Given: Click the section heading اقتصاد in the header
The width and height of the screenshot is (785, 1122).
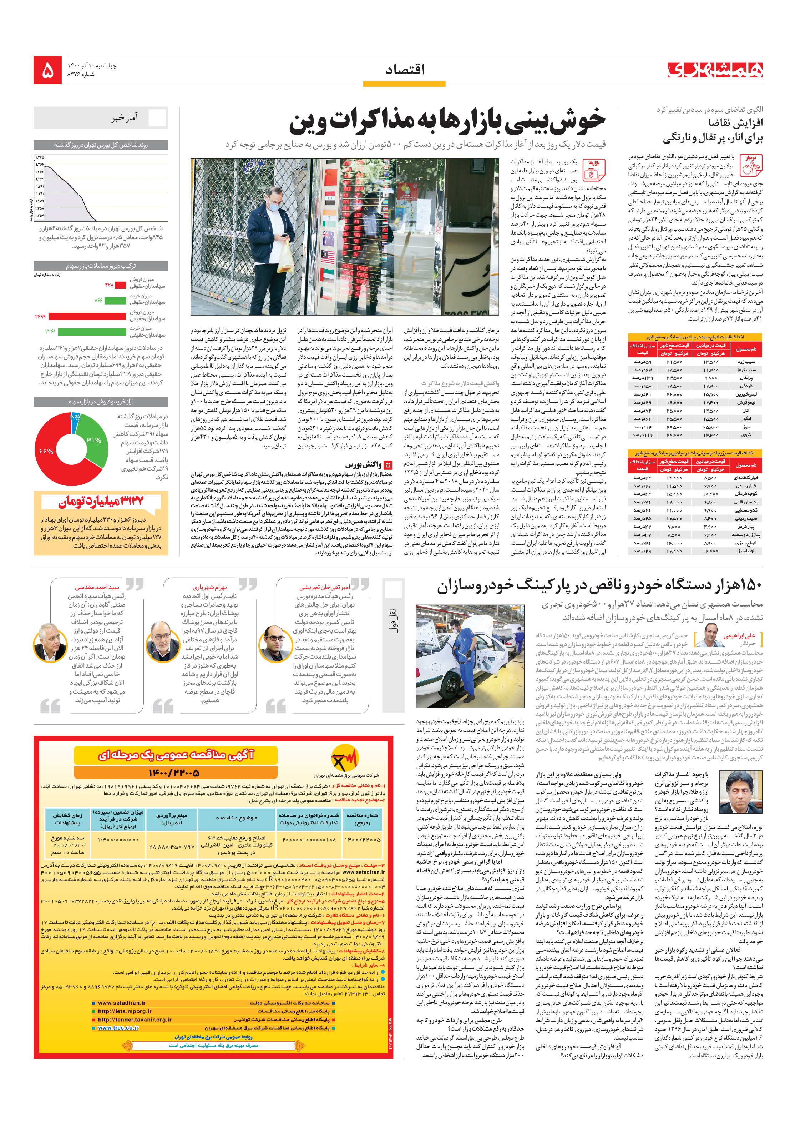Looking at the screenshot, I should point(405,70).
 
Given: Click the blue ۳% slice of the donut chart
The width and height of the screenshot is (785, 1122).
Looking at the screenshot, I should point(74,423).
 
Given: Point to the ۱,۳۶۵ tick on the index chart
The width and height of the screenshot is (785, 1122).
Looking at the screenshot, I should point(39,157).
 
